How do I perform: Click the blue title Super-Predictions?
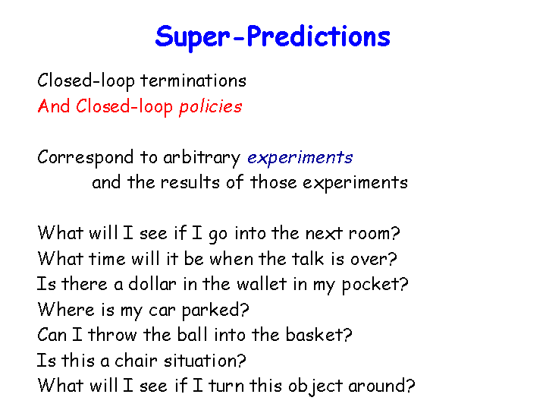coord(273,37)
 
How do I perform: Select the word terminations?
coord(193,81)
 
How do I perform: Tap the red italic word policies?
coord(210,107)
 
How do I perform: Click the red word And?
coord(54,106)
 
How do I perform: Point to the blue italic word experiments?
coord(300,158)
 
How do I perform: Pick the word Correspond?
coord(85,158)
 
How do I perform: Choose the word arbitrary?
coord(202,158)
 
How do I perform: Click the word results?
coord(190,182)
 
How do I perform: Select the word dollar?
coord(152,284)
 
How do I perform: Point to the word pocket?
coord(370,285)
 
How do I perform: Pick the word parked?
coord(211,311)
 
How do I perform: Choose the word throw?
coord(112,335)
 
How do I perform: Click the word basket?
coord(314,335)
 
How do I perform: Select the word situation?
coord(200,360)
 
